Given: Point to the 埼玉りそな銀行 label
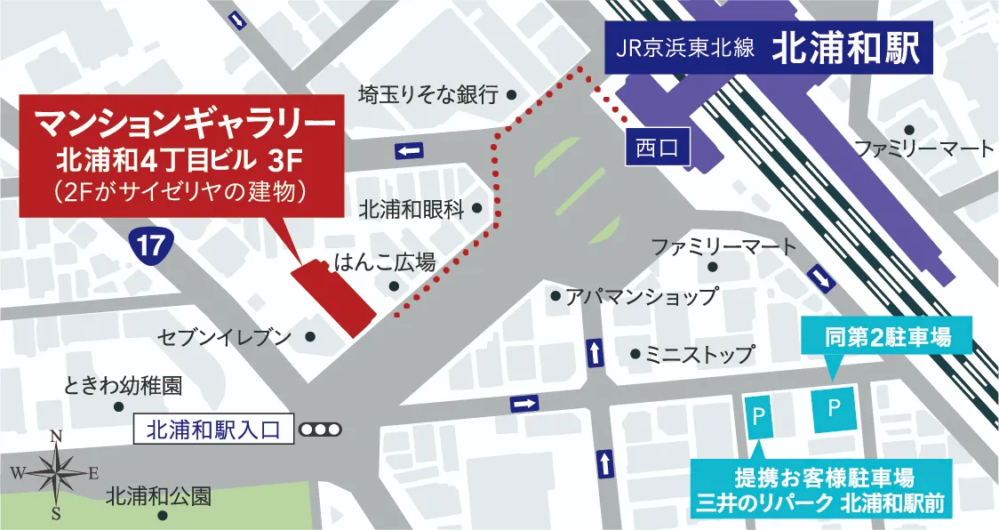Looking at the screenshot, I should [x=428, y=94].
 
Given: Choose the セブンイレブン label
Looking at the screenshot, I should [x=225, y=337].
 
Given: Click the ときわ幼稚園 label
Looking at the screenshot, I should [x=123, y=386].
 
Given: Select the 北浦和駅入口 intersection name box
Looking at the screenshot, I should [x=213, y=430].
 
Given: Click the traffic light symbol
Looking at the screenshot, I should [x=320, y=430].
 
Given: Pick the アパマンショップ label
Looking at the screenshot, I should [x=641, y=297].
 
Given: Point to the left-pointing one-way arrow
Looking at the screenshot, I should [x=409, y=150].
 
